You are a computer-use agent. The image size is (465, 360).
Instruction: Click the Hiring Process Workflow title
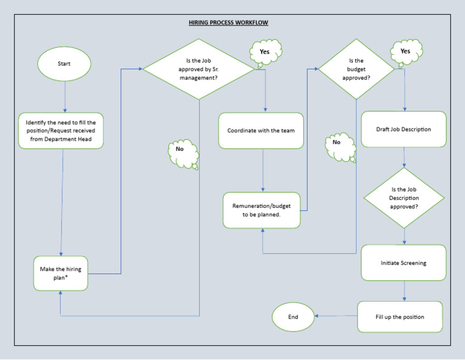(228, 22)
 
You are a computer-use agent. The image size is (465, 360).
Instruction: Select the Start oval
(64, 64)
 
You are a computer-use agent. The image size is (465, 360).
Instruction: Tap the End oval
(293, 317)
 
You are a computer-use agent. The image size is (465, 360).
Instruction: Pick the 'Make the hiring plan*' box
(61, 273)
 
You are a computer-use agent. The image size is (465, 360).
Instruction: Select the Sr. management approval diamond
(199, 69)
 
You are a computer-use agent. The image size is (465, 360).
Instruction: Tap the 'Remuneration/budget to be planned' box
(261, 210)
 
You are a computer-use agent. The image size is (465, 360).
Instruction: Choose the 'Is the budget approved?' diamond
(357, 69)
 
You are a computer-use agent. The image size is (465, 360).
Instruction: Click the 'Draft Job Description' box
(403, 129)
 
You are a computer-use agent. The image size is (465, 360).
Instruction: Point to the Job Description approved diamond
(403, 198)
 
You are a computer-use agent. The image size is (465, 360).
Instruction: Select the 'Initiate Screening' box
(403, 263)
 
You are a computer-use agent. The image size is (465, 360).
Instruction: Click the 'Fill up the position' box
(400, 317)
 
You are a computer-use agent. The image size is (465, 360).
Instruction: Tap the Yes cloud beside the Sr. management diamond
(265, 52)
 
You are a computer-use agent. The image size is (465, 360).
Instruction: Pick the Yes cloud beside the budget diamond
(406, 52)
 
